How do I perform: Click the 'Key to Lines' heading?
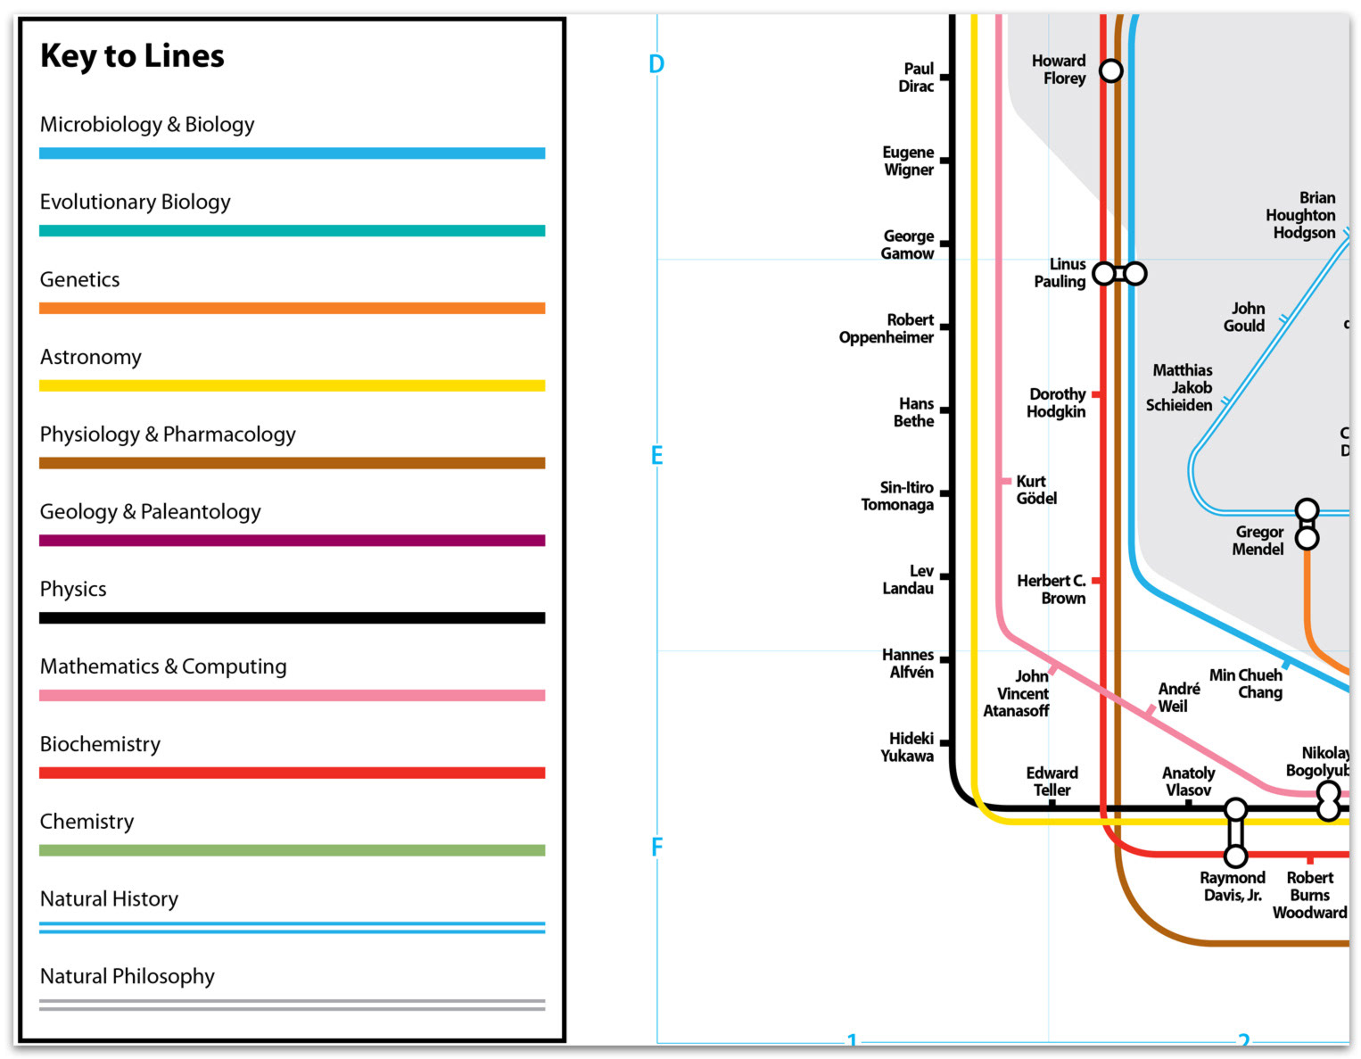pos(131,56)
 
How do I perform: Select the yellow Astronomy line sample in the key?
pos(292,385)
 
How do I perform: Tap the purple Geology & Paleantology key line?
pos(292,541)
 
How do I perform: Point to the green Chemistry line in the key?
pos(292,850)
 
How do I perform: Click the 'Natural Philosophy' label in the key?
pos(128,976)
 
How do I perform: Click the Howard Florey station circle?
pos(1111,70)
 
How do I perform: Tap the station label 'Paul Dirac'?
pos(916,78)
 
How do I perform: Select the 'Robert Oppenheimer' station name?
pos(887,329)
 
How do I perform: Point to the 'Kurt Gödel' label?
pos(1036,490)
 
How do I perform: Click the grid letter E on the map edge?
pos(656,456)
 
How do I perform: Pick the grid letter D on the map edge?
pos(656,64)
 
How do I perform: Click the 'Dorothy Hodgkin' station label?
pos(1056,402)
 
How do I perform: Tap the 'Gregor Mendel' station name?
pos(1258,541)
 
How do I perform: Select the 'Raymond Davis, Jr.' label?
pos(1232,887)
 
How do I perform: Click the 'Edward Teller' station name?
pos(1052,782)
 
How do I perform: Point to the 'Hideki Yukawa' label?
pos(908,747)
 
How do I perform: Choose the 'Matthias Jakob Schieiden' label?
pos(1179,388)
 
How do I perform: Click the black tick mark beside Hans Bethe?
pos(944,410)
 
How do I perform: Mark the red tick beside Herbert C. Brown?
pos(1096,581)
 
